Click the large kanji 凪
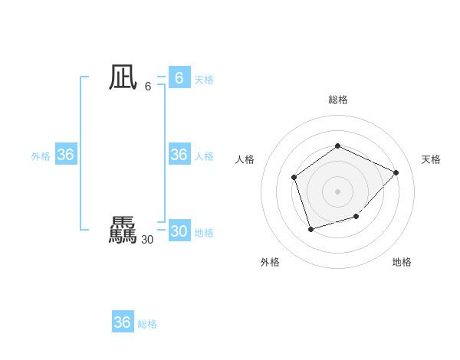[x=122, y=77]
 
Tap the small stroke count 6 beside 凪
[x=148, y=87]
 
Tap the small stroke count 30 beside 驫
[x=147, y=240]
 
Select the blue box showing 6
[x=179, y=78]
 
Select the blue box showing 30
[x=179, y=231]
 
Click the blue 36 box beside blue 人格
[x=179, y=155]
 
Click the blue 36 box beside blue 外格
[x=65, y=155]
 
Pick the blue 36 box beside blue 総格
[x=122, y=322]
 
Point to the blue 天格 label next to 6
[x=204, y=80]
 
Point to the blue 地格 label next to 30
[x=204, y=233]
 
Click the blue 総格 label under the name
[x=147, y=324]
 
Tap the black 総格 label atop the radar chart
[x=337, y=100]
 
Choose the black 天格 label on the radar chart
[x=431, y=159]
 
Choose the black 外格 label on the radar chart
[x=270, y=262]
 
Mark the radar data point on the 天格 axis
[x=396, y=172]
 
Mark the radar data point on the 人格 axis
[x=294, y=178]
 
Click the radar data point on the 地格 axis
[x=356, y=217]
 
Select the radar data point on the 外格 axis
[x=310, y=228]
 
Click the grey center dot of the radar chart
[x=337, y=191]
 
